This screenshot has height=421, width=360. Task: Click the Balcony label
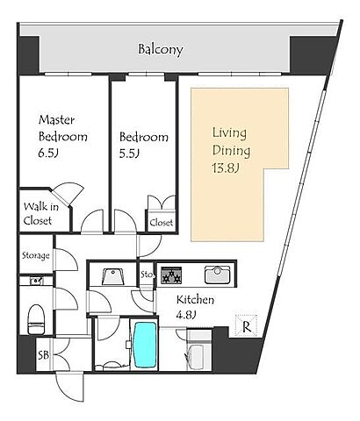coord(161,49)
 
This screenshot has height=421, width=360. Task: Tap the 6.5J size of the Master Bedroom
coord(47,153)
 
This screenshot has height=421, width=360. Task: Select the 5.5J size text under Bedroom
coord(128,153)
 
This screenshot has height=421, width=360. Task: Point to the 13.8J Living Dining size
coord(226,168)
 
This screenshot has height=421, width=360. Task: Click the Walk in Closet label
coord(40,214)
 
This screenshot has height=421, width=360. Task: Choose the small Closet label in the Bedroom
coord(162,223)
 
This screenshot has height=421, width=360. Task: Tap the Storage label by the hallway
coord(36,256)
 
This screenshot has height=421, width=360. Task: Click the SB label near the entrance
coord(44,355)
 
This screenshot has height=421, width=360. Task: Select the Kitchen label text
coord(195,300)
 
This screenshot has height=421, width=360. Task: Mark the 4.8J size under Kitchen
coord(185,315)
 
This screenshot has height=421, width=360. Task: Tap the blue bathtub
coord(144,345)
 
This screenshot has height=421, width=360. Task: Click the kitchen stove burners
coord(171,275)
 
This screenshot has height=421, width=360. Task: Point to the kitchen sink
coord(217,275)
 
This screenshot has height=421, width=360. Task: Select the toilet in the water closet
coord(36,319)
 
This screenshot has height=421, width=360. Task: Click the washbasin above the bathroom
coord(113,276)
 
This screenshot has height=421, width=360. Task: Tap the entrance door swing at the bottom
coord(70,387)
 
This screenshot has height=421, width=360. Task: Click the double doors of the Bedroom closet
coord(162,203)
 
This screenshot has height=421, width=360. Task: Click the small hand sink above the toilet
coord(36,281)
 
